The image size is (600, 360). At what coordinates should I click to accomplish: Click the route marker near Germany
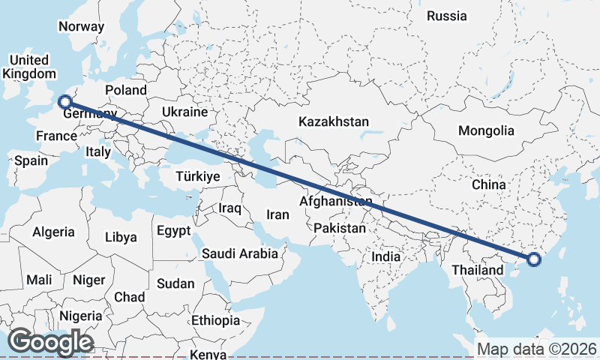click(x=65, y=101)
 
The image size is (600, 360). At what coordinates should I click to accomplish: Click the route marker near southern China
click(x=533, y=259)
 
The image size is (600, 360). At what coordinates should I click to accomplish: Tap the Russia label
click(x=446, y=16)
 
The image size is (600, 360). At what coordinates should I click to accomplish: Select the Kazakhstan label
click(x=334, y=121)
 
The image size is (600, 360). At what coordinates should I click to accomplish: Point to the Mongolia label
click(x=486, y=130)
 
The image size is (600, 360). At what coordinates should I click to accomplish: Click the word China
click(x=490, y=184)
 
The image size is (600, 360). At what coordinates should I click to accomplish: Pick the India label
click(x=386, y=256)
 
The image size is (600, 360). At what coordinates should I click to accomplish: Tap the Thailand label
click(x=477, y=270)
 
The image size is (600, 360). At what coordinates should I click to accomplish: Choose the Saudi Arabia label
click(x=240, y=254)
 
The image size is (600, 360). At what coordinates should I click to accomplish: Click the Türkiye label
click(x=196, y=177)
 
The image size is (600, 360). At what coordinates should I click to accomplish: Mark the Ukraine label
click(x=184, y=112)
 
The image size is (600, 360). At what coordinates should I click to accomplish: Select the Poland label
click(x=126, y=90)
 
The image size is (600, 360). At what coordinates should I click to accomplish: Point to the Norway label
click(x=81, y=26)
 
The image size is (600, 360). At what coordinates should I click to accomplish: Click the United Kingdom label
click(x=29, y=67)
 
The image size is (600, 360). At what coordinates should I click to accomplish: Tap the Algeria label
click(x=53, y=232)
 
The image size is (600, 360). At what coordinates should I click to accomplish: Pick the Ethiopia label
click(x=215, y=320)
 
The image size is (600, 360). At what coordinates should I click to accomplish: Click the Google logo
click(x=50, y=342)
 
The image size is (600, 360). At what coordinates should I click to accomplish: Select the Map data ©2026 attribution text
click(x=536, y=349)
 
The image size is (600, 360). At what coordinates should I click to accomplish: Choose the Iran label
click(x=277, y=214)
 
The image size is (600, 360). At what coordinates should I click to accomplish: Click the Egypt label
click(x=174, y=231)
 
